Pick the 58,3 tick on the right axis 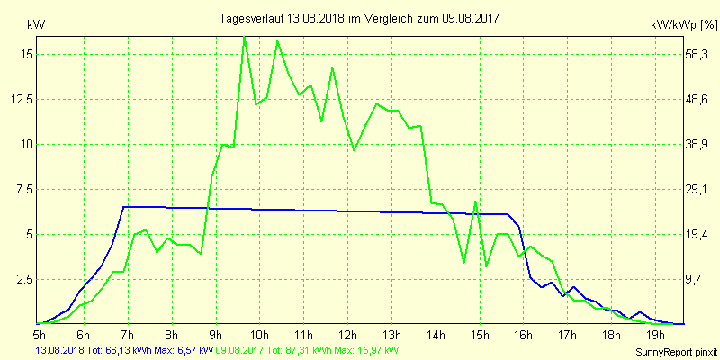pos(698,54)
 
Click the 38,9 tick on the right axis pos(698,144)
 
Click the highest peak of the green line pos(244,37)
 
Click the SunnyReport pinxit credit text pos(670,350)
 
